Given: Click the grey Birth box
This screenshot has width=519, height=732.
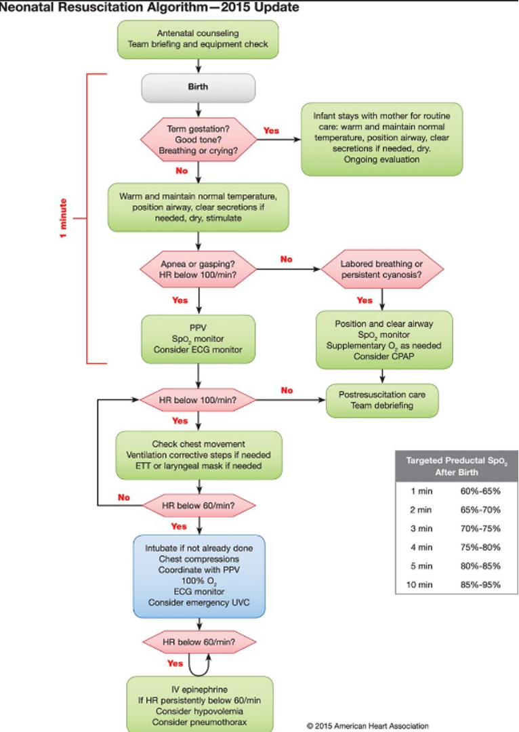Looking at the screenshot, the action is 199,87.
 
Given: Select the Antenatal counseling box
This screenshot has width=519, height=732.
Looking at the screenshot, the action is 198,39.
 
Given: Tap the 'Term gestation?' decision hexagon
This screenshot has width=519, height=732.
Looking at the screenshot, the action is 199,140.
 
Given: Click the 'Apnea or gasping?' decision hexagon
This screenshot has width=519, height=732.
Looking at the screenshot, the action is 198,269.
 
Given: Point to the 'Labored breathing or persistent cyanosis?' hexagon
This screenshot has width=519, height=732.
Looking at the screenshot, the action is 381,269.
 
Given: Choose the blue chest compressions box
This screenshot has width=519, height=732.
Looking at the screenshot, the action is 199,576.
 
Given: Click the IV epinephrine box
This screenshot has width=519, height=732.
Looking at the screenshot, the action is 200,705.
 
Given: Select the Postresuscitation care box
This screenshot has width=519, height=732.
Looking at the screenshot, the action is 381,400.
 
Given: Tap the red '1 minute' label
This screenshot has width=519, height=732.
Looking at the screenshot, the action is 63,218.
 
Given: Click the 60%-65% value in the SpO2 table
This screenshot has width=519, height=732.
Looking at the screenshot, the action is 480,491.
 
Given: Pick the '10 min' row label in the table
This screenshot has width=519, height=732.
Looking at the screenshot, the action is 419,584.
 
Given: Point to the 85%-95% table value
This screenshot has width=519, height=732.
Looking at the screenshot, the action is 480,584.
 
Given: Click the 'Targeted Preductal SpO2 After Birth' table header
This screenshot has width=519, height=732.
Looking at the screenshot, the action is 457,466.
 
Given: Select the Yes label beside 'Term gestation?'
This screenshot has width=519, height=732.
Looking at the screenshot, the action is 271,131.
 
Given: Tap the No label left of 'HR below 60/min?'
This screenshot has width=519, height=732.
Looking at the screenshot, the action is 124,497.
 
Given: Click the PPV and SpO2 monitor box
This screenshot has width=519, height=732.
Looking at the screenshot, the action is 199,339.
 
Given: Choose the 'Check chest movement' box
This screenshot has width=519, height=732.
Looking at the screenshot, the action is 199,455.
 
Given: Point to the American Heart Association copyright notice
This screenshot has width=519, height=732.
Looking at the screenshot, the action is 368,726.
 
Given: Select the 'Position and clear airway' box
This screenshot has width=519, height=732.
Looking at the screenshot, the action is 384,340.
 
